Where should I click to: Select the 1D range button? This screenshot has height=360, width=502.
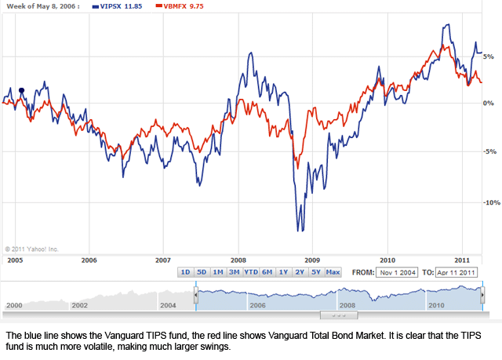coord(185,272)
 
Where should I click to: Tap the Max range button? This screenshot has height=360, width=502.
coord(333,272)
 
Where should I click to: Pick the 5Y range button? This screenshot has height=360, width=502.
coord(315,272)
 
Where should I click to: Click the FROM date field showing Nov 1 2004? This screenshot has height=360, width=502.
coord(395,272)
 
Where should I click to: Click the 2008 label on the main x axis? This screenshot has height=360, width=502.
coord(238,259)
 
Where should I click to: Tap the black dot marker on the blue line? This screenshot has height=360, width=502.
coord(21,90)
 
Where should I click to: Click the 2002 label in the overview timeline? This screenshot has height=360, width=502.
coord(80,304)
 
